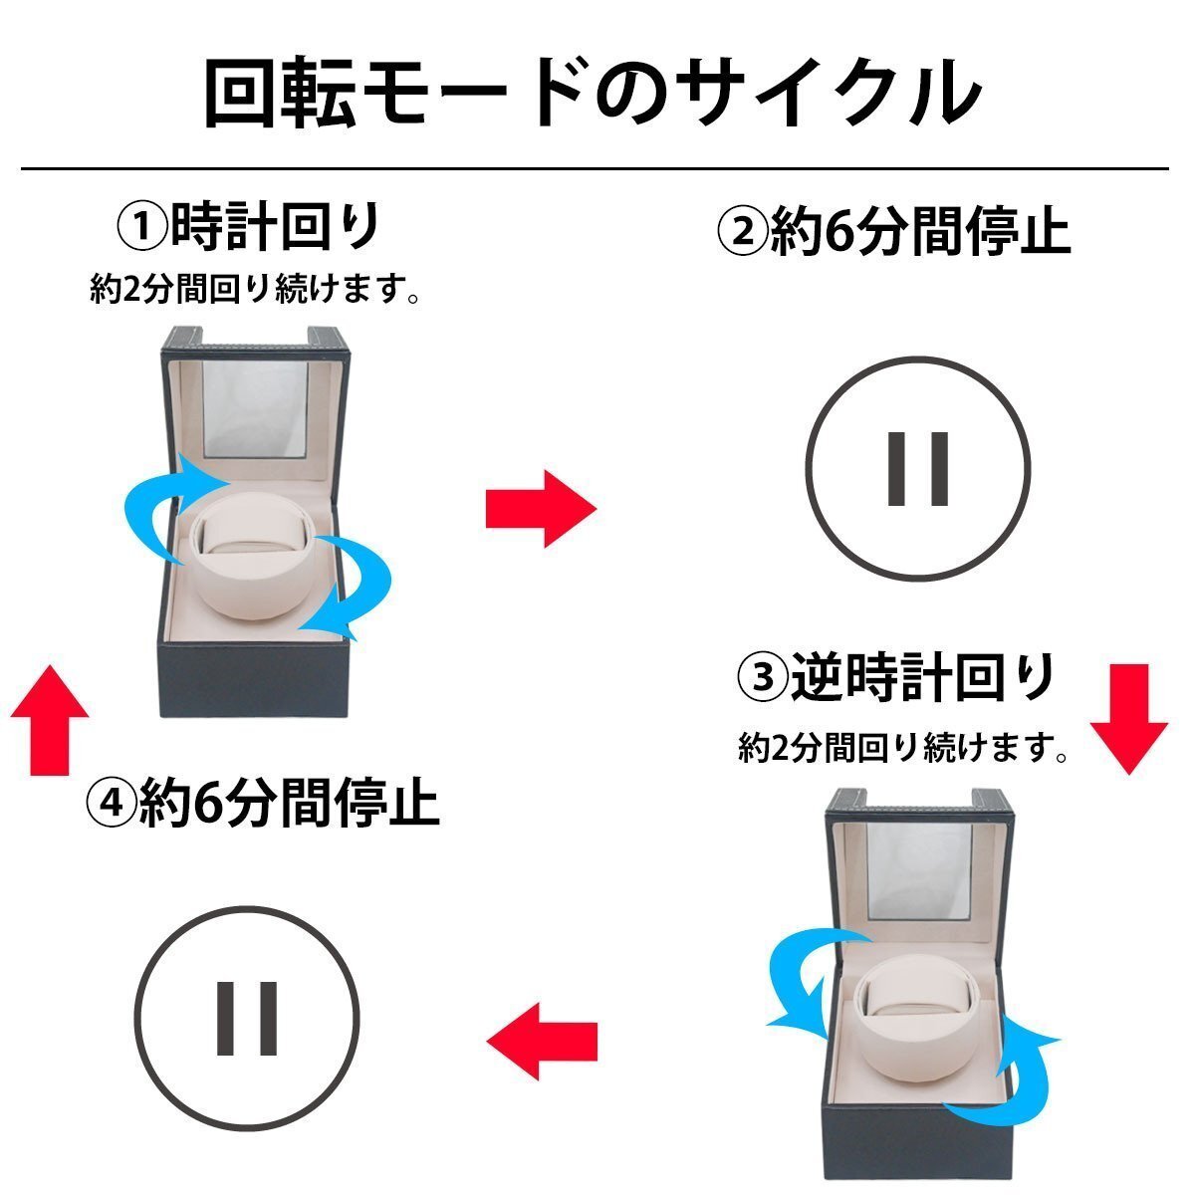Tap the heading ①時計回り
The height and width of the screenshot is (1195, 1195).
click(249, 228)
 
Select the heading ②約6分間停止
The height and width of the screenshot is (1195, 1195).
click(893, 232)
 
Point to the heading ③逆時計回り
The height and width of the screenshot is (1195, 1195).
click(896, 679)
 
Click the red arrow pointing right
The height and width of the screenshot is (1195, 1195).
click(540, 509)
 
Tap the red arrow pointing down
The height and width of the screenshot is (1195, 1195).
click(1127, 719)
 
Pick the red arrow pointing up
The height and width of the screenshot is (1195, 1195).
click(49, 717)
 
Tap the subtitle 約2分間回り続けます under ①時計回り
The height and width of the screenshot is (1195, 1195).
click(253, 291)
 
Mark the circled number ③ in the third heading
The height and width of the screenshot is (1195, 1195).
click(762, 681)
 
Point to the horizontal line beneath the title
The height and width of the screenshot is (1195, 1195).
click(594, 168)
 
